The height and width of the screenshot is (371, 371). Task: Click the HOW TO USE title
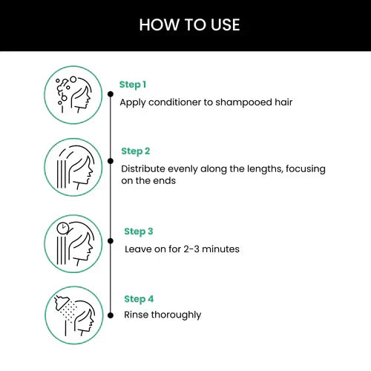pyautogui.click(x=189, y=25)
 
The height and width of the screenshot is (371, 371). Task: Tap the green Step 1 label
pyautogui.click(x=133, y=85)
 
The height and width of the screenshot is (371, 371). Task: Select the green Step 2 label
pyautogui.click(x=136, y=151)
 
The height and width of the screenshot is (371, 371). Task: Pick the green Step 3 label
pyautogui.click(x=139, y=232)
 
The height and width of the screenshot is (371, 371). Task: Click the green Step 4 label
pyautogui.click(x=139, y=298)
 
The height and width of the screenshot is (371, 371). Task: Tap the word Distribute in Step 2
pyautogui.click(x=145, y=168)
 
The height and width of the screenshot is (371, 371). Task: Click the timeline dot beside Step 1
pyautogui.click(x=111, y=94)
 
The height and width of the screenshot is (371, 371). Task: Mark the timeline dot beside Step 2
pyautogui.click(x=111, y=160)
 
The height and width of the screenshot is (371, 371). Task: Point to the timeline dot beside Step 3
pyautogui.click(x=111, y=241)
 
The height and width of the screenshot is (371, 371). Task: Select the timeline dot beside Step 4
pyautogui.click(x=111, y=308)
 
